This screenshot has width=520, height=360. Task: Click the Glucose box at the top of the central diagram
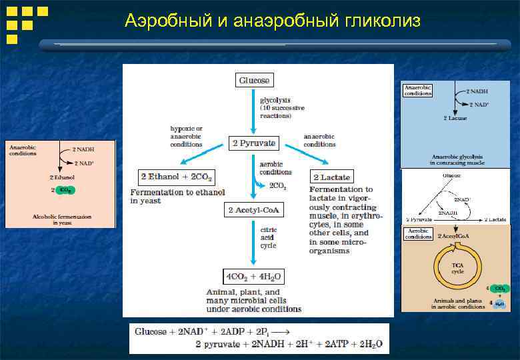[254, 80]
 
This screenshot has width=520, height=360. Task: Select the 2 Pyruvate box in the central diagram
[253, 143]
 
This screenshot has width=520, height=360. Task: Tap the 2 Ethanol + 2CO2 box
[177, 177]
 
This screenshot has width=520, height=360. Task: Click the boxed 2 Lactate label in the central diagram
[331, 177]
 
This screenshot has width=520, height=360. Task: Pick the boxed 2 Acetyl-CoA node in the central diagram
[254, 211]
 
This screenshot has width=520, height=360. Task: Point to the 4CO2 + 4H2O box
[254, 276]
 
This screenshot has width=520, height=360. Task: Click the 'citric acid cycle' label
[269, 237]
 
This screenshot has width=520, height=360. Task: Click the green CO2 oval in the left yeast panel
[65, 190]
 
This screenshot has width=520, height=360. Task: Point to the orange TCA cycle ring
[457, 267]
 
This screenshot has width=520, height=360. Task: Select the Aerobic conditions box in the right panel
[417, 235]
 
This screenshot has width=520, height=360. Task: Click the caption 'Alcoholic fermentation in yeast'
[62, 219]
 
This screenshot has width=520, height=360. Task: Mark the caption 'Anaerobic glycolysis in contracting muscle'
[457, 159]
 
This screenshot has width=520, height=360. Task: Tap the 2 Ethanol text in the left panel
[61, 178]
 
